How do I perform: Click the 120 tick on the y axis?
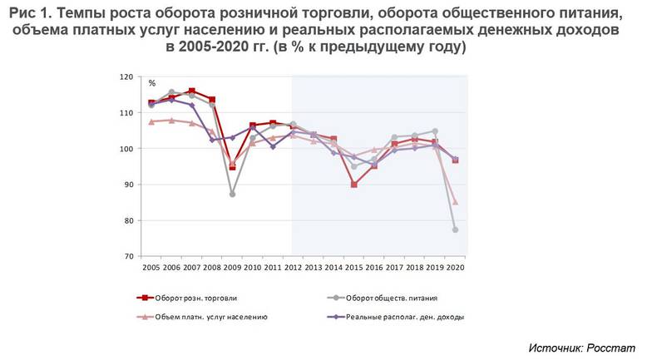[x=126, y=76]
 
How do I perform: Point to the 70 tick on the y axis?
[x=128, y=257]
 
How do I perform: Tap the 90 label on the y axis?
[x=128, y=185]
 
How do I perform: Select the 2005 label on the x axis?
[x=151, y=268]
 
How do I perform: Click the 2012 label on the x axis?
[x=293, y=268]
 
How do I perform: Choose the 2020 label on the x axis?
[x=455, y=268]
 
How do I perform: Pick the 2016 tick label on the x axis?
[x=374, y=268]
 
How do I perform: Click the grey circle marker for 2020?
[x=455, y=229]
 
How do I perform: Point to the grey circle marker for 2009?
[x=232, y=194]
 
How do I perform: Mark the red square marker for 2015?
[x=353, y=185]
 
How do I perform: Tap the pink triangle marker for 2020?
[x=455, y=202]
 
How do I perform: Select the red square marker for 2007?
[x=192, y=91]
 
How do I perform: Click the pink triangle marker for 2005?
[x=151, y=121]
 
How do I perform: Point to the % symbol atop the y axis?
[x=152, y=83]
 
